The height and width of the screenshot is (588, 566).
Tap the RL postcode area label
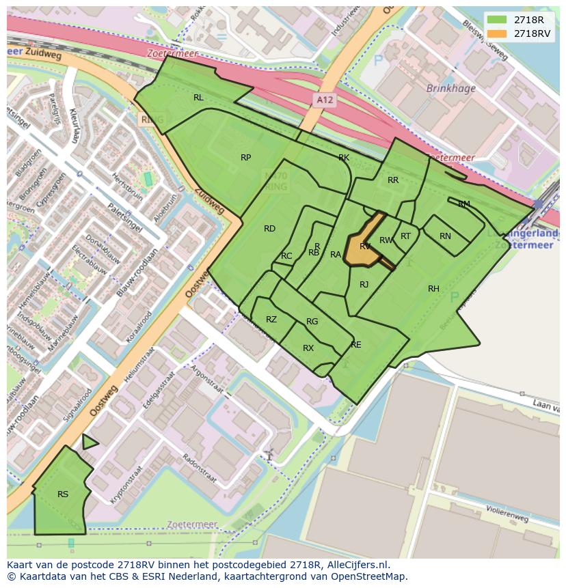(x=198, y=98)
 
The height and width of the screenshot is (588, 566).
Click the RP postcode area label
(x=245, y=158)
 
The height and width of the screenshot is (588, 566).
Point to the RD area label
(x=269, y=229)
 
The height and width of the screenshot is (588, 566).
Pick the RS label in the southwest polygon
(x=63, y=494)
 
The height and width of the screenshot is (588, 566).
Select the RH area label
(x=433, y=289)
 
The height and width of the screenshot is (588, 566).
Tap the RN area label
(x=445, y=236)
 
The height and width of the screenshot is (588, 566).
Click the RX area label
(x=308, y=348)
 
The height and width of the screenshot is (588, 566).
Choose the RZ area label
(x=271, y=320)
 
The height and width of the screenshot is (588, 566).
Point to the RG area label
(x=312, y=322)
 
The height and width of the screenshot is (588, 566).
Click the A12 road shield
(x=325, y=100)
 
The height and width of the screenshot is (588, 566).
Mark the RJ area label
(x=364, y=285)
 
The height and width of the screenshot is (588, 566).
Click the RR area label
(x=392, y=180)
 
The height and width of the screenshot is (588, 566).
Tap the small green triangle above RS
(x=89, y=443)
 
